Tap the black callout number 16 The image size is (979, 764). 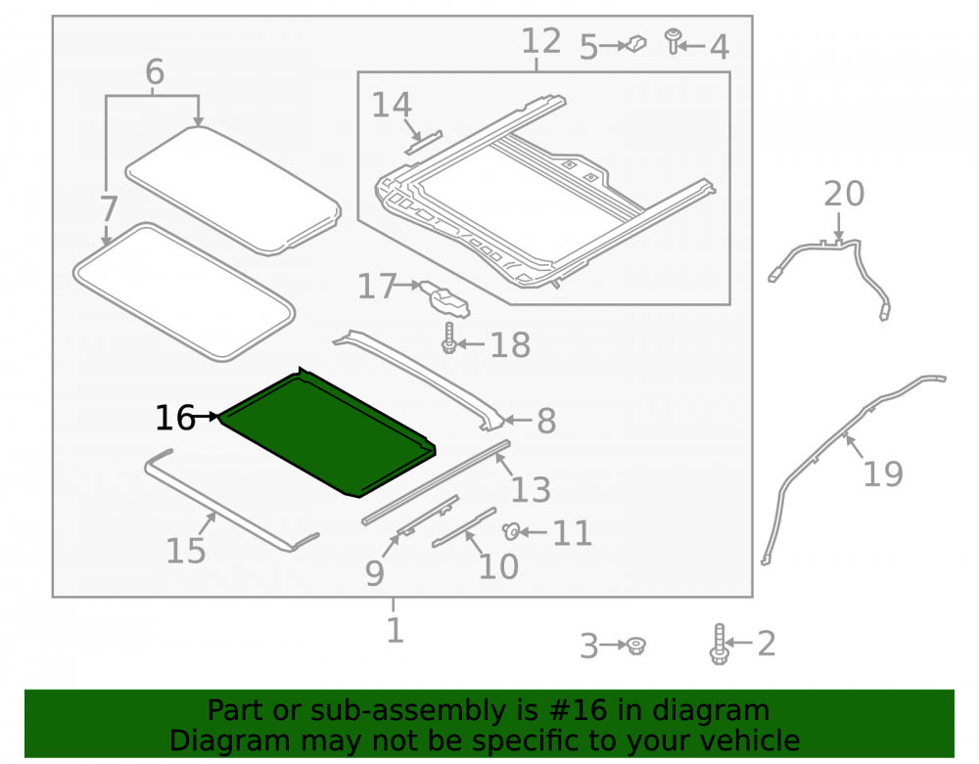click(175, 418)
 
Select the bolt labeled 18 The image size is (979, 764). click(449, 338)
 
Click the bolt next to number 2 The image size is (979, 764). click(719, 645)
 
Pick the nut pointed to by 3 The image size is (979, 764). click(635, 646)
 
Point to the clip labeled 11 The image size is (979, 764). click(511, 531)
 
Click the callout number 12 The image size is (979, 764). click(540, 42)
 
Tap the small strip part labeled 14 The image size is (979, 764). click(423, 142)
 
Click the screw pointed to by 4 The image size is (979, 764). click(673, 40)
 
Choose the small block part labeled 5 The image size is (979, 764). click(635, 44)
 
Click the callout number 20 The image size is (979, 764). click(844, 194)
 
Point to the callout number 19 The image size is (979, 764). click(882, 474)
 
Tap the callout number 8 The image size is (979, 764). click(546, 421)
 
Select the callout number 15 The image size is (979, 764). click(185, 551)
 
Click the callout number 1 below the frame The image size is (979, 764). click(395, 631)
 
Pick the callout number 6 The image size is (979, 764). click(155, 71)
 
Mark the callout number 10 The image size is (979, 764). click(498, 567)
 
